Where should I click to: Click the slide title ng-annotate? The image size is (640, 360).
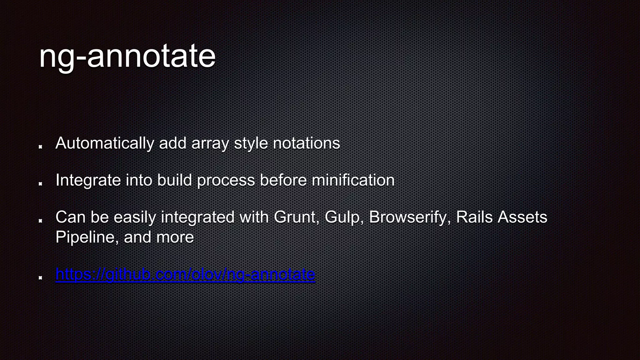127,56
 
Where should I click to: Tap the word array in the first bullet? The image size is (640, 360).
210,143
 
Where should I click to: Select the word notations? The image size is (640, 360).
306,143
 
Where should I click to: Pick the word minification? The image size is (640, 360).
353,180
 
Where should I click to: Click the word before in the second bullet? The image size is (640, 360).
283,180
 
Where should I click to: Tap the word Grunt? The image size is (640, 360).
296,217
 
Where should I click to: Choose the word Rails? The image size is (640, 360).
474,217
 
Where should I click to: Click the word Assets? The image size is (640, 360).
522,217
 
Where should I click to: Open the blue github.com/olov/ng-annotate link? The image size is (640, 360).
185,274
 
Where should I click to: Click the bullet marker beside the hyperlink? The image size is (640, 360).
40,277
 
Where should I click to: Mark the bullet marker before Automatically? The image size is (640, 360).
40,147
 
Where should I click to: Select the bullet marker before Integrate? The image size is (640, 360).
40,184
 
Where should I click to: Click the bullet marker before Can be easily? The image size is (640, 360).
40,221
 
